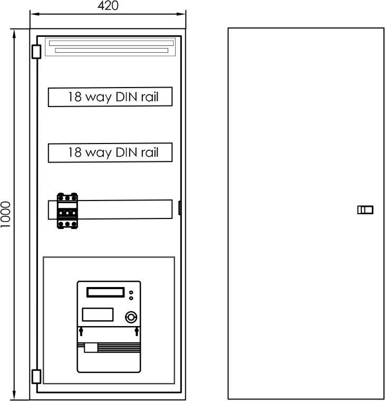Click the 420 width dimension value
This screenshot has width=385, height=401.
108,6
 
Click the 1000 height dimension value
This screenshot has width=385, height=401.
5,214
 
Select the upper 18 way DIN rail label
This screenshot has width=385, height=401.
113,97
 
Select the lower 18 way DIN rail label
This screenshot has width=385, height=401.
113,152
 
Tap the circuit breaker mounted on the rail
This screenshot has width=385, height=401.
67,211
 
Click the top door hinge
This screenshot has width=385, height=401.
36,52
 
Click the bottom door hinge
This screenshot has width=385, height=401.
36,376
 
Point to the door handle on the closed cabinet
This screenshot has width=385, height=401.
365,210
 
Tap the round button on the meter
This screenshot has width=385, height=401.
131,318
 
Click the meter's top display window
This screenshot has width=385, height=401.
105,292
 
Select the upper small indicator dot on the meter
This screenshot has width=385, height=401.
131,292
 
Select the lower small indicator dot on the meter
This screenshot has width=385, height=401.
131,298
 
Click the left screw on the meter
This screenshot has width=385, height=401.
81,331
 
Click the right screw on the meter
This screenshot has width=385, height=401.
137,331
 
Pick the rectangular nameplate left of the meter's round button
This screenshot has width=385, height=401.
98,314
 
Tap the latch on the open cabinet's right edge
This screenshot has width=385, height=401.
179,208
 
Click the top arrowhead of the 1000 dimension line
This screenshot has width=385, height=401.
14,33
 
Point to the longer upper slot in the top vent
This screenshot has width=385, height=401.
111,43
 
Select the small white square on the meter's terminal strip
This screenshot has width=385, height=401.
91,348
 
